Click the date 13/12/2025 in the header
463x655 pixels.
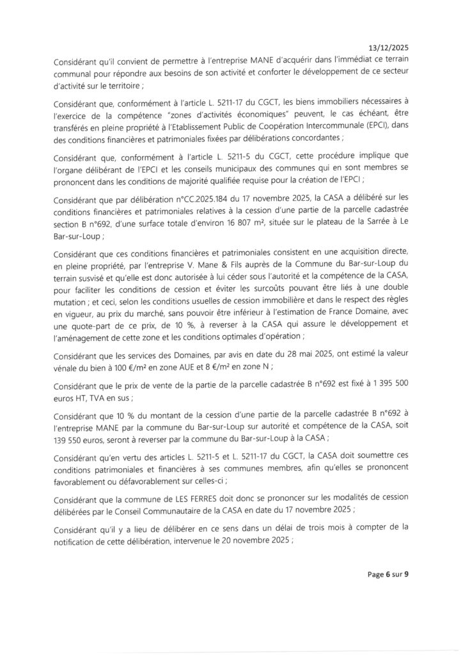pos(389,48)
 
